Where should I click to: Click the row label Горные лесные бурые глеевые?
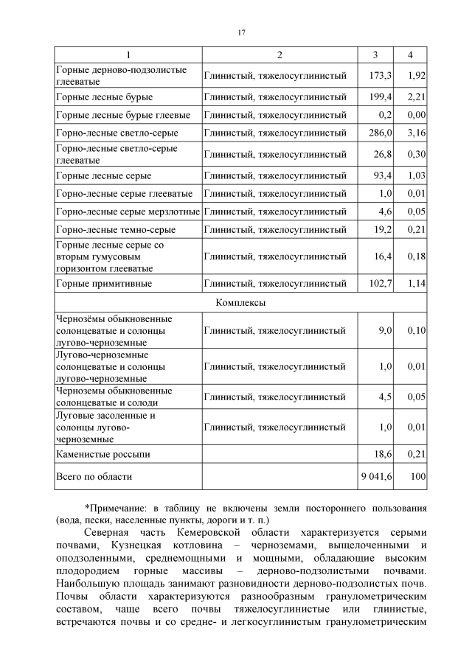pyautogui.click(x=123, y=115)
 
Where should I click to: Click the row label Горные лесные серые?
pyautogui.click(x=104, y=175)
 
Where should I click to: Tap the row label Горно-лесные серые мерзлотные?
pyautogui.click(x=128, y=212)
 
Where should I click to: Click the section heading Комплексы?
pyautogui.click(x=240, y=302)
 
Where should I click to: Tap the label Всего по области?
pyautogui.click(x=94, y=477)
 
